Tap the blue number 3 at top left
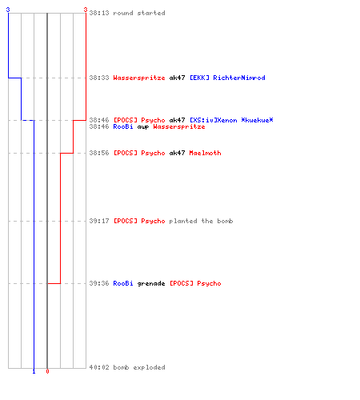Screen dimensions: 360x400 (8, 10)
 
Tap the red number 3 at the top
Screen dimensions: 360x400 (86, 10)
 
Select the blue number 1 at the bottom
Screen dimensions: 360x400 (34, 371)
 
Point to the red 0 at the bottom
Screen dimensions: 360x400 (47, 371)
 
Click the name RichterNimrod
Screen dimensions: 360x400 (239, 78)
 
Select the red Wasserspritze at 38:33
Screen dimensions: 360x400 (139, 78)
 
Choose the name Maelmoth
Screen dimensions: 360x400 (205, 153)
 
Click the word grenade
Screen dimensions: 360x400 (151, 283)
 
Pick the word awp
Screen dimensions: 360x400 (143, 127)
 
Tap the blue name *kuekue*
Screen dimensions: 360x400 (257, 120)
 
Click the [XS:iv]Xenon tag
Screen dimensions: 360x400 (214, 120)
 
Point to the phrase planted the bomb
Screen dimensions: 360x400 (201, 221)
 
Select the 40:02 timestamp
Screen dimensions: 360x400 (99, 367)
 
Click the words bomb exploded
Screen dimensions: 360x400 (139, 367)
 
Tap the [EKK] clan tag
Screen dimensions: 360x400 (199, 78)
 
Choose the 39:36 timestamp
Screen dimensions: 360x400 (99, 283)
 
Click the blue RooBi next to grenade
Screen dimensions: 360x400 (123, 283)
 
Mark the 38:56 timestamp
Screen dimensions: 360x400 (99, 153)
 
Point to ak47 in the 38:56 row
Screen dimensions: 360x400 (177, 153)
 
